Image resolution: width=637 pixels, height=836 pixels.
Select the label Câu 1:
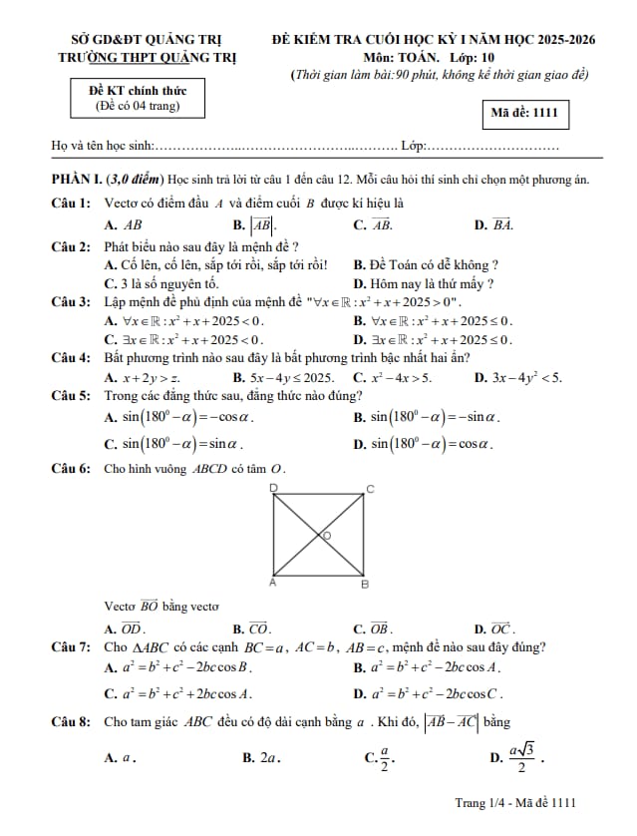(72, 203)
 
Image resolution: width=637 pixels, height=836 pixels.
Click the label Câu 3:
(72, 301)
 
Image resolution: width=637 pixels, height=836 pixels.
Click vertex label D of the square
(274, 487)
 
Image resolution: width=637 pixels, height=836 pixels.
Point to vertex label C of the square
(370, 489)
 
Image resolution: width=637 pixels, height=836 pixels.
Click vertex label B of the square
(364, 584)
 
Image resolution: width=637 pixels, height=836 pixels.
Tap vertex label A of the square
(274, 582)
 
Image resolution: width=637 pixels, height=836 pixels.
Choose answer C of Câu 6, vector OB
(381, 628)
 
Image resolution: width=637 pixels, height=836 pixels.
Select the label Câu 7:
(72, 647)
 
